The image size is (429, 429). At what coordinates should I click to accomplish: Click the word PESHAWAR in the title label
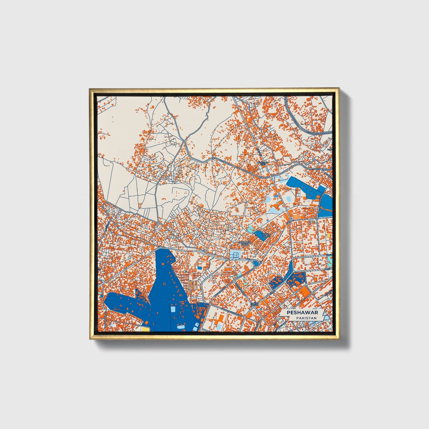[x=302, y=313]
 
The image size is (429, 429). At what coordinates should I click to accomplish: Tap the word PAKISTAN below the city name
[x=306, y=318]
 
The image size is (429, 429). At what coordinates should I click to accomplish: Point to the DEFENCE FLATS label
[x=245, y=243]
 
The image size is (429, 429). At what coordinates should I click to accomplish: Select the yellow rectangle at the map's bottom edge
[x=145, y=329]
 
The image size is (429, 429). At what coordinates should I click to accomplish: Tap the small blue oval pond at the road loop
[x=255, y=263]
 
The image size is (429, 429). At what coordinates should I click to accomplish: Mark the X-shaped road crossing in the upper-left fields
[x=184, y=142]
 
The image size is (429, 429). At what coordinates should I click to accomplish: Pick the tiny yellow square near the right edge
[x=328, y=235]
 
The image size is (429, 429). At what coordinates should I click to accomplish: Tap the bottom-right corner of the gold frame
[x=339, y=339]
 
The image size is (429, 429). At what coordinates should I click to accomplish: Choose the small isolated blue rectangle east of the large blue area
[x=200, y=268]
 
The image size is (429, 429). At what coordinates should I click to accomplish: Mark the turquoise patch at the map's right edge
[x=330, y=261]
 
